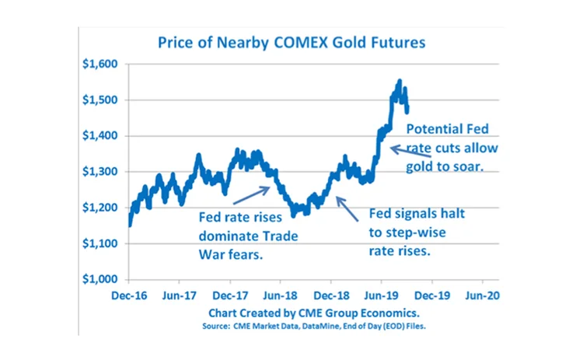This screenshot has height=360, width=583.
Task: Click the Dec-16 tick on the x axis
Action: [x=130, y=295]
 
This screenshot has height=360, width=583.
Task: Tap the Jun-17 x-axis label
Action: [x=180, y=295]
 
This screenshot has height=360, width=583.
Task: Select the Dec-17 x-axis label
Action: [x=230, y=295]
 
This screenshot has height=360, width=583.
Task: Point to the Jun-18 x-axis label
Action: [x=281, y=295]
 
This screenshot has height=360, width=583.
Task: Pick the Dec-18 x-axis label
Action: [x=331, y=295]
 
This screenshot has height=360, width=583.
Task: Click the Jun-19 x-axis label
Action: [x=382, y=295]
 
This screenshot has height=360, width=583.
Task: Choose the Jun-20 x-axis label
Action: [x=483, y=295]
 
